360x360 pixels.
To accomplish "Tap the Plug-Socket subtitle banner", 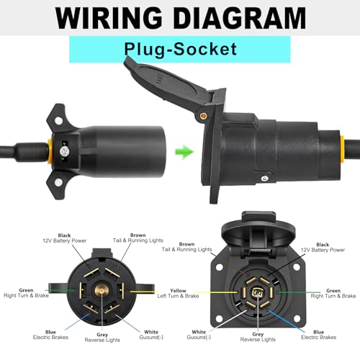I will point(179,49).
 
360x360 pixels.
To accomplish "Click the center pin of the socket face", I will point(257,294).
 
